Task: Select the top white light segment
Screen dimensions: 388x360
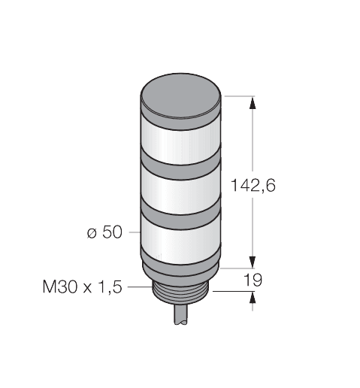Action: pos(183,138)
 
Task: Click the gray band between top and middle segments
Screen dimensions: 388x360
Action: pos(183,167)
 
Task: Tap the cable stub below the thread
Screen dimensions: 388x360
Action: pos(183,316)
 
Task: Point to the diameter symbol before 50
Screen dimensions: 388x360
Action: pos(92,233)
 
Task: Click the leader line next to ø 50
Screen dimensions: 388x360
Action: pos(133,233)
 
